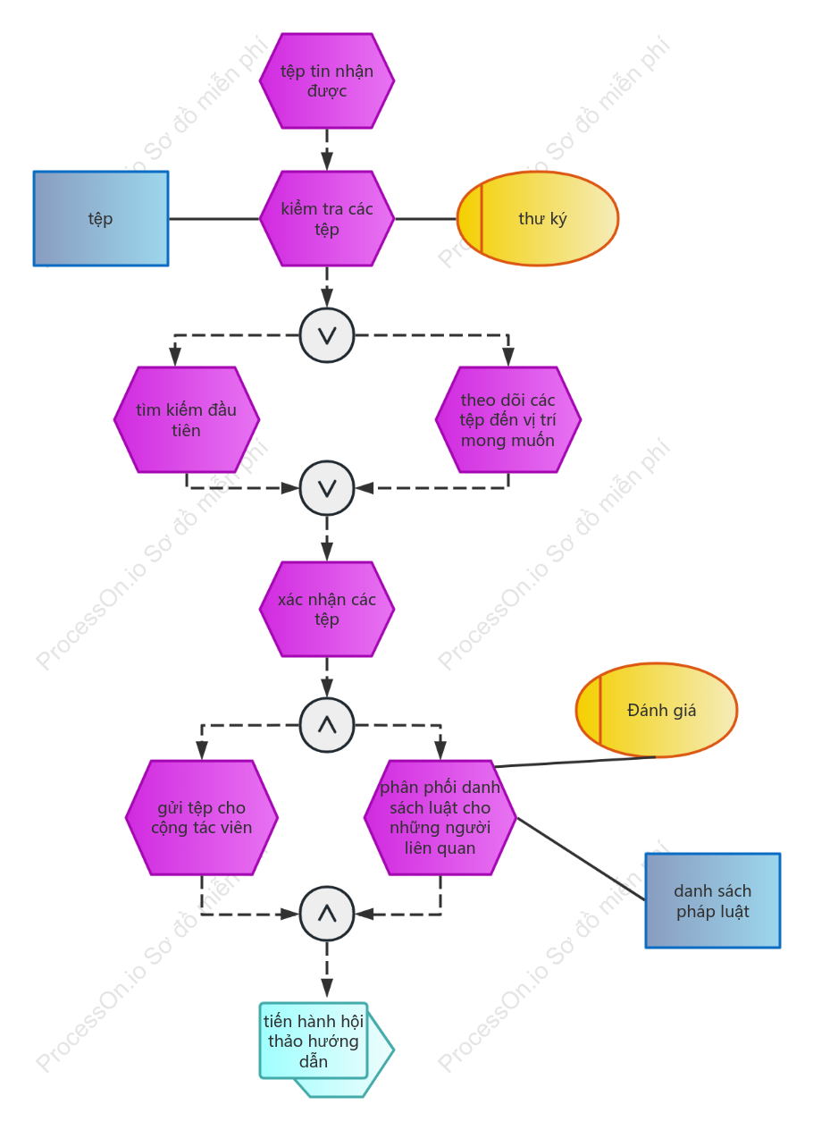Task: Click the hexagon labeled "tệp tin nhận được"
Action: [x=327, y=80]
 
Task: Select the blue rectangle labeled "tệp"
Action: [x=101, y=218]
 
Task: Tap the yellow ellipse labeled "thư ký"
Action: [x=537, y=218]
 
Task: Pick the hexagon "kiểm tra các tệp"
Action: [x=327, y=218]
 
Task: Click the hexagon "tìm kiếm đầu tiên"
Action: [x=187, y=419]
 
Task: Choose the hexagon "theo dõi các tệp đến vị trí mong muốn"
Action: [x=508, y=419]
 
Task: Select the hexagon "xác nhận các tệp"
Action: [x=327, y=609]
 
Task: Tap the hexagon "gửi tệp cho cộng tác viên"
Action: [x=202, y=818]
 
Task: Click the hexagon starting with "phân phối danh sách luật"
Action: [x=440, y=818]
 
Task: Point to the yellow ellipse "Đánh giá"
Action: [x=657, y=710]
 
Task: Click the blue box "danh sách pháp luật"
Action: [x=713, y=901]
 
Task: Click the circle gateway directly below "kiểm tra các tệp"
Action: [x=327, y=335]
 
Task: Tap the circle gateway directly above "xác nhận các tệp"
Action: [x=327, y=488]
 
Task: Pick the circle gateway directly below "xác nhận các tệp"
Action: [x=327, y=725]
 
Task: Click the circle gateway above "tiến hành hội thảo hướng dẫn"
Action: [x=327, y=914]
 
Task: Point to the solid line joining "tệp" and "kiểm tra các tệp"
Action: [x=214, y=219]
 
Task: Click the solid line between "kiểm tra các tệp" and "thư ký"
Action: [x=426, y=219]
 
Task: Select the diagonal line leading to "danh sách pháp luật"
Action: [x=581, y=859]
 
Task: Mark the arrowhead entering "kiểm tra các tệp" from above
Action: [x=327, y=162]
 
